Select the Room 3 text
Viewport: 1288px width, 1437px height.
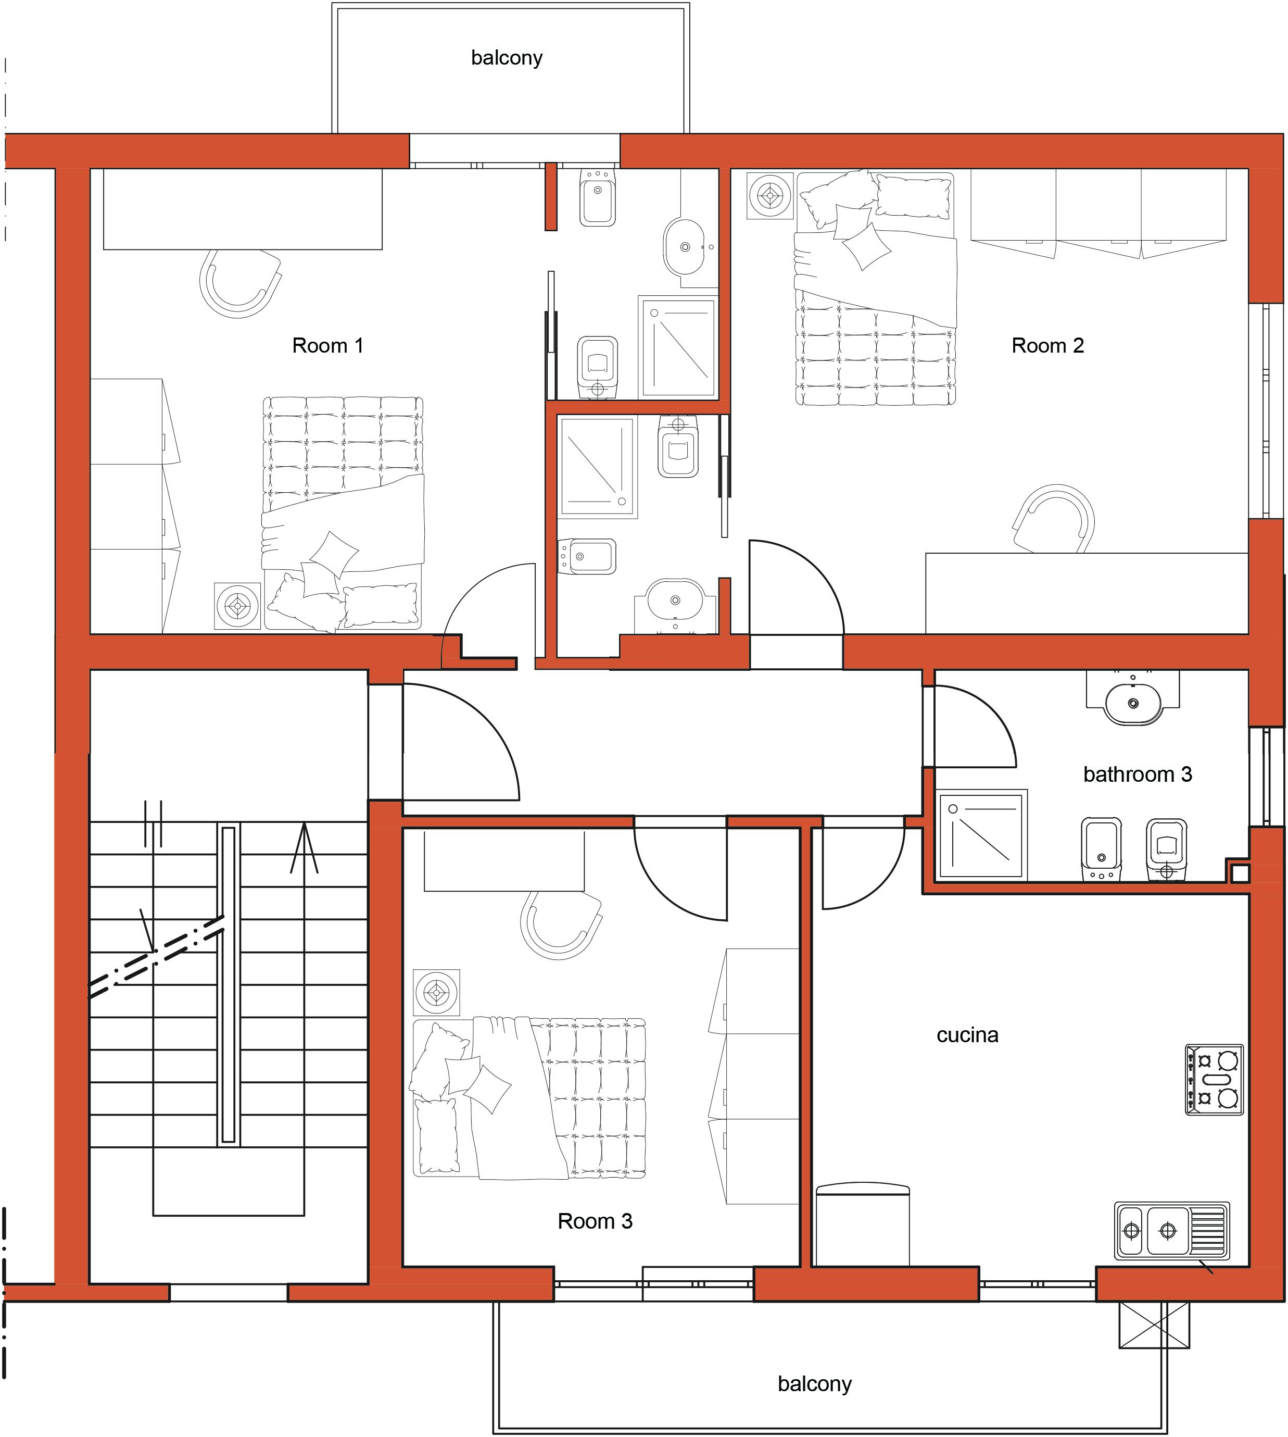pyautogui.click(x=595, y=1221)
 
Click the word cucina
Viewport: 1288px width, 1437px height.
pyautogui.click(x=967, y=1035)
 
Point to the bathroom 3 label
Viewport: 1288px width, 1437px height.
pyautogui.click(x=1137, y=774)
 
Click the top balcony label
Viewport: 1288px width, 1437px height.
pyautogui.click(x=507, y=57)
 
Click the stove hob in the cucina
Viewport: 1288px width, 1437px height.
pyautogui.click(x=1214, y=1080)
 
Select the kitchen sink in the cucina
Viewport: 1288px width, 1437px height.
pyautogui.click(x=1171, y=1231)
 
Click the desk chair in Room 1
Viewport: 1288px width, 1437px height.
pyautogui.click(x=241, y=283)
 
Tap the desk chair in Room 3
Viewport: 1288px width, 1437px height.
pyautogui.click(x=561, y=924)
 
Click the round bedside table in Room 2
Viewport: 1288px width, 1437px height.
pyautogui.click(x=770, y=195)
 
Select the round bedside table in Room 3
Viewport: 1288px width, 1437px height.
pyautogui.click(x=436, y=992)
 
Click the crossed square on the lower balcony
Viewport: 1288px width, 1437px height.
pyautogui.click(x=1154, y=1324)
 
